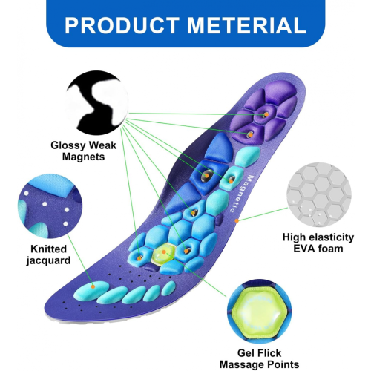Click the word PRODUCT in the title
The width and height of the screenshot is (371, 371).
(x=122, y=25)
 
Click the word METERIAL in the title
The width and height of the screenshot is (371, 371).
(x=246, y=25)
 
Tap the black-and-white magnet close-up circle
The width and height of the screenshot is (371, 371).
(x=96, y=102)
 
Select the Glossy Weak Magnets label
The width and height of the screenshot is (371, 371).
(x=83, y=151)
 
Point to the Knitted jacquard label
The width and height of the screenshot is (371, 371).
(x=48, y=255)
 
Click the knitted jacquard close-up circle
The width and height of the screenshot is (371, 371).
(x=50, y=206)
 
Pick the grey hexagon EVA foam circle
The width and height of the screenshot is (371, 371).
(x=319, y=194)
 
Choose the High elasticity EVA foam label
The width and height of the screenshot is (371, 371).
(x=318, y=243)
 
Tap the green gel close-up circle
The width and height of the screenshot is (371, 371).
(x=260, y=311)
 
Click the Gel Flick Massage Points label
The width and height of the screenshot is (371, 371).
(x=259, y=358)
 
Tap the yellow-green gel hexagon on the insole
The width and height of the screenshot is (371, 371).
(x=164, y=254)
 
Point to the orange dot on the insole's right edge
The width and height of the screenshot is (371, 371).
(x=237, y=220)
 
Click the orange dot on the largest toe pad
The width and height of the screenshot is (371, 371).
(x=93, y=286)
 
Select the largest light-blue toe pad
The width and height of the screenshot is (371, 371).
(x=91, y=291)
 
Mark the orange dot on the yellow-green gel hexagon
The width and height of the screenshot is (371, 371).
(x=164, y=252)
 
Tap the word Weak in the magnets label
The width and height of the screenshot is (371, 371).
(x=102, y=145)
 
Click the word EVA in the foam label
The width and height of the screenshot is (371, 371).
(x=303, y=249)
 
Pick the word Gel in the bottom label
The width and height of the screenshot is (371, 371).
(x=246, y=353)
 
